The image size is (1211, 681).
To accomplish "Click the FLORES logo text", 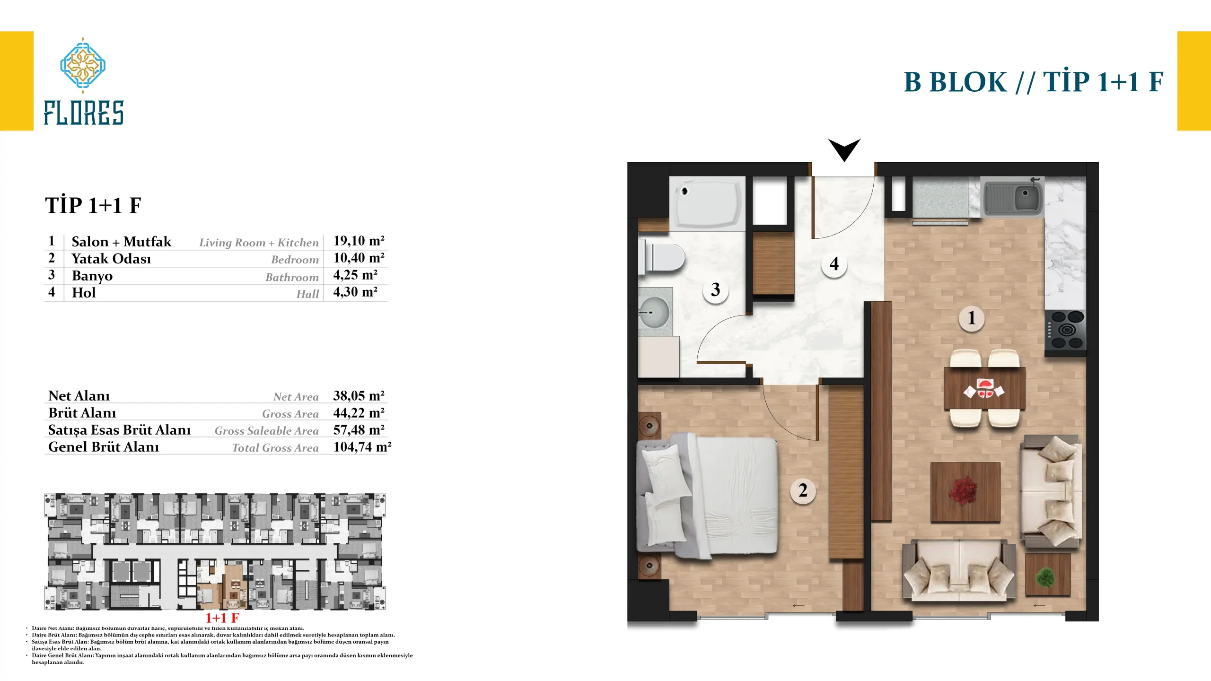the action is point(84,113).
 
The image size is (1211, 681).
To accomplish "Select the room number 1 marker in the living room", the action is point(972,318).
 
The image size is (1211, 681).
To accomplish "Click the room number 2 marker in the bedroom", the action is point(803,490).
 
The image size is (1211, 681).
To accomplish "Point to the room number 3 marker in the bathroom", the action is point(715,289).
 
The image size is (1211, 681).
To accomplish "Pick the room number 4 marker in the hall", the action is point(834,263).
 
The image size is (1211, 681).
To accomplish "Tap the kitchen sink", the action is point(1012,197).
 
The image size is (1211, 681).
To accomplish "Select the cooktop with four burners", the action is point(1065,330).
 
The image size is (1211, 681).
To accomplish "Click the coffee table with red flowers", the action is point(965,492).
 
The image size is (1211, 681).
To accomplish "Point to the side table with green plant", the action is point(1048,575).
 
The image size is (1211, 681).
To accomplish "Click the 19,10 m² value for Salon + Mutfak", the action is point(359,241).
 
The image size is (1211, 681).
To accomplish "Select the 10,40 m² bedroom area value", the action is point(359,258).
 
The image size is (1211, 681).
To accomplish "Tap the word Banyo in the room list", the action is point(92,276).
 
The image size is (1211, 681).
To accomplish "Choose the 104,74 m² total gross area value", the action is point(362,447).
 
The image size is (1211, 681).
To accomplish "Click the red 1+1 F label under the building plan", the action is point(222,618).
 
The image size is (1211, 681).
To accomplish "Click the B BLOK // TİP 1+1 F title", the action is point(1034,81).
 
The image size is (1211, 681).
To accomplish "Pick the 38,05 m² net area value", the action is point(359,395).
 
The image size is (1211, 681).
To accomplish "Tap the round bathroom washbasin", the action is point(654,312).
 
